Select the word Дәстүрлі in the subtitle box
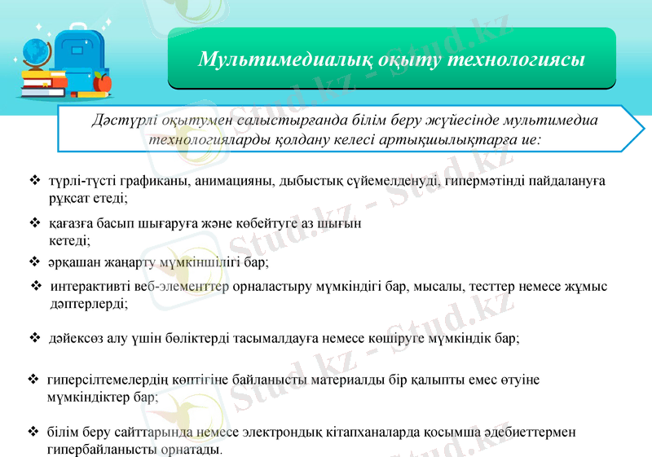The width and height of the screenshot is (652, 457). [121, 120]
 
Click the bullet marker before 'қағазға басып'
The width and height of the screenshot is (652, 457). [34, 222]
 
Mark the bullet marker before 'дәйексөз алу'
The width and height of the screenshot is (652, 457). [34, 336]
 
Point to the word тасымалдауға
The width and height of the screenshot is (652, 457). [293, 337]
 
